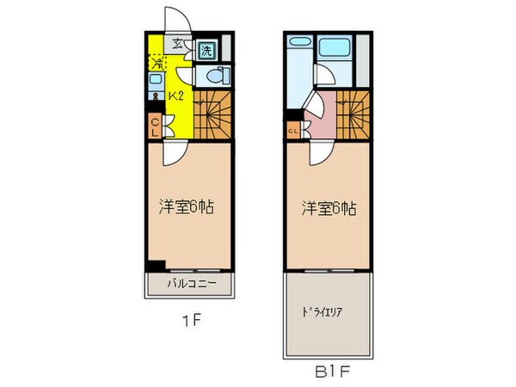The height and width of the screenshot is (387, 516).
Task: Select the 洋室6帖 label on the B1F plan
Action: click(329, 207)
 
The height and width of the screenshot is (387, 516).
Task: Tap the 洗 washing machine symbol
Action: click(206, 51)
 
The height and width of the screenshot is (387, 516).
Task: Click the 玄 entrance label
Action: click(177, 45)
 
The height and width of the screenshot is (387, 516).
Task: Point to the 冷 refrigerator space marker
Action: click(157, 62)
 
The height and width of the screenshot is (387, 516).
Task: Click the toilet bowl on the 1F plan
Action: click(215, 74)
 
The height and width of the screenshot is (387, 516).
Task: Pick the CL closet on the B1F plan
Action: click(293, 131)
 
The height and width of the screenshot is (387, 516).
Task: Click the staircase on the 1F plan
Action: click(212, 116)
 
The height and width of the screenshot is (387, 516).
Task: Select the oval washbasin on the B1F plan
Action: click(298, 41)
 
